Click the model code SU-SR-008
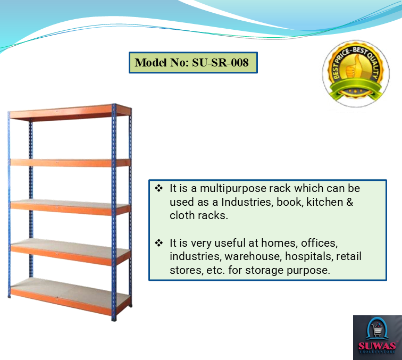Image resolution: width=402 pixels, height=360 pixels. pos(220,63)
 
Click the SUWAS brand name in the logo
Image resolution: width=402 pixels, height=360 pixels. pos(377,346)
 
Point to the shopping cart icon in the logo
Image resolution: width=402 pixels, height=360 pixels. pos(376,330)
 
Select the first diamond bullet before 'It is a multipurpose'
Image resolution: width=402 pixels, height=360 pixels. pos(158,188)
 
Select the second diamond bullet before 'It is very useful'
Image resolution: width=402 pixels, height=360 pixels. pos(158,243)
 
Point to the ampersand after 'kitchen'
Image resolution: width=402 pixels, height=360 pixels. pos(350,202)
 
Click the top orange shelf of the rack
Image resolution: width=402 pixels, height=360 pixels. pos(70,112)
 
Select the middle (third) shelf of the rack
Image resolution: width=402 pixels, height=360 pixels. pos(70,207)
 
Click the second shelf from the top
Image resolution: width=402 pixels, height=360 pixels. pos(70,163)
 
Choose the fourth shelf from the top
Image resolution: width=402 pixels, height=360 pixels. pos(70,252)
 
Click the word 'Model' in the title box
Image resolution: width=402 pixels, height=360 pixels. pos(151,63)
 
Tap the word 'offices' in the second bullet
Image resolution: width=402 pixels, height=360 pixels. pos(319,243)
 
